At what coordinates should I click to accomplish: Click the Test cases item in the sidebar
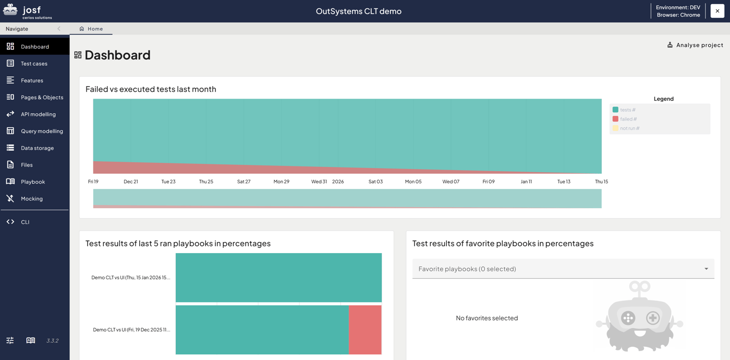[34, 64]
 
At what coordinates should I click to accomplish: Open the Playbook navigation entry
[33, 182]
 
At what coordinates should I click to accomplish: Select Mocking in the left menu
[32, 199]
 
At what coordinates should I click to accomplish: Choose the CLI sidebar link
[25, 222]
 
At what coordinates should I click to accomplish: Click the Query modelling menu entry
[42, 131]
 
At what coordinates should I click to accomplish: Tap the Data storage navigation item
[37, 148]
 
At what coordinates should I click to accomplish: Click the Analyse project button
[695, 45]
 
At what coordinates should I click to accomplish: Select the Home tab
[91, 29]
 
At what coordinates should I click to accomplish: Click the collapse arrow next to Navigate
[59, 29]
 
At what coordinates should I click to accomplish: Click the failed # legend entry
[628, 119]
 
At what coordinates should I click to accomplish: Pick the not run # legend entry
[629, 128]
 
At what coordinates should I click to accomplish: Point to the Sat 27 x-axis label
[244, 182]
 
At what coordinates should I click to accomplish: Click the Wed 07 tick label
[451, 182]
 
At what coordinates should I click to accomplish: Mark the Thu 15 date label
[601, 182]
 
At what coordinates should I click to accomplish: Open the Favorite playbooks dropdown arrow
[706, 269]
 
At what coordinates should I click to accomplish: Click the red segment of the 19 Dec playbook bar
[365, 330]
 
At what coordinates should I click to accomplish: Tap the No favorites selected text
[486, 318]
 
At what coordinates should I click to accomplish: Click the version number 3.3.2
[52, 341]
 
